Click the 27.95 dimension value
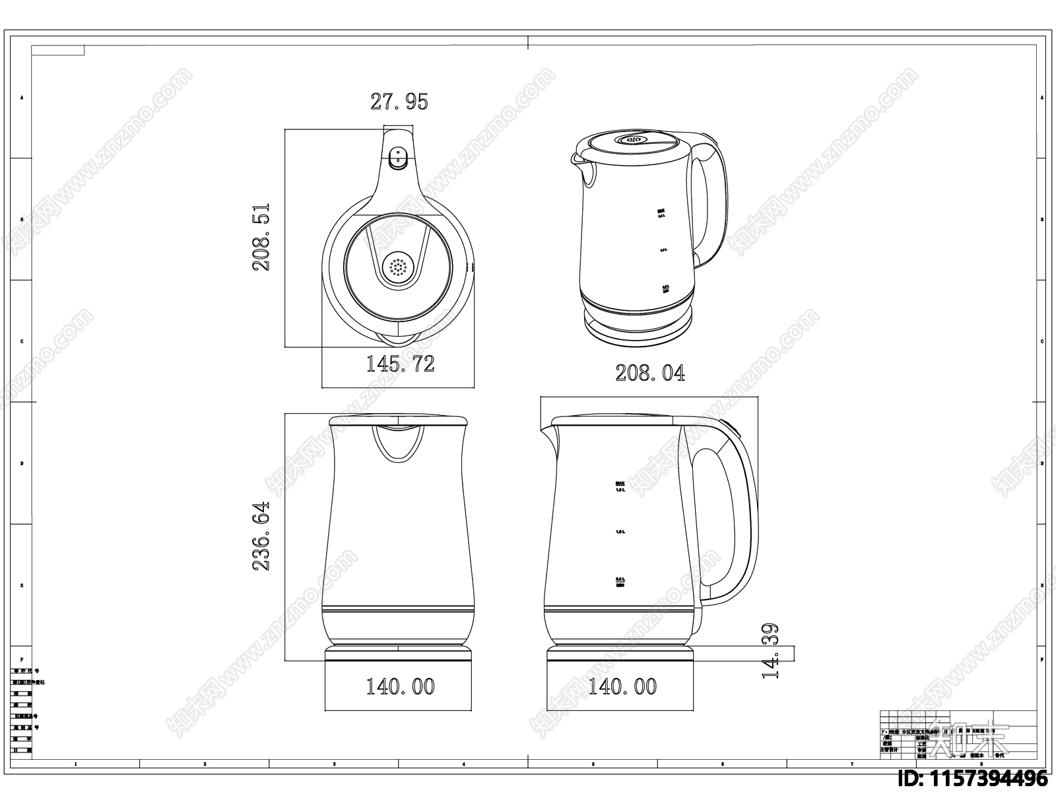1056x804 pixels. (x=399, y=102)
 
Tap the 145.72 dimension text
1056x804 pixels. (x=400, y=364)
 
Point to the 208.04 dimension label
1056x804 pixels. (x=649, y=374)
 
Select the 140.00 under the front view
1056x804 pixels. (x=400, y=687)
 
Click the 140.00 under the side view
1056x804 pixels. (x=622, y=687)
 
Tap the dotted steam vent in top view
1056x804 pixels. (x=398, y=267)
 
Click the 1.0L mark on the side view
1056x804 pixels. (x=620, y=531)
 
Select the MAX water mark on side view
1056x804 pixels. (x=620, y=483)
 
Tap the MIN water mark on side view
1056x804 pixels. (x=620, y=584)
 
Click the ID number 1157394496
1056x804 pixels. (x=973, y=778)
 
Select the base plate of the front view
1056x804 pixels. (x=398, y=653)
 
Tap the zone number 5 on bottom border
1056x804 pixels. (x=593, y=764)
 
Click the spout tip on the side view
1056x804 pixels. (x=543, y=430)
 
